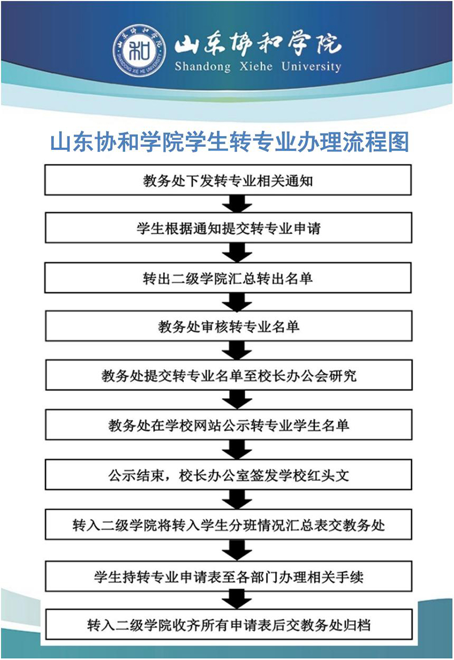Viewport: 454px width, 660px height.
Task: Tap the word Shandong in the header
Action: coord(203,67)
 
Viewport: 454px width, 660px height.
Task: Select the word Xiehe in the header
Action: coord(256,66)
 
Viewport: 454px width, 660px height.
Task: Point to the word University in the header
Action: coord(311,67)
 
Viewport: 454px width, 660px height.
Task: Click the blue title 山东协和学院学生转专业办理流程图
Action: coord(229,142)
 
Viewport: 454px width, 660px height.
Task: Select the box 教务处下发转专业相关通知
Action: coord(228,180)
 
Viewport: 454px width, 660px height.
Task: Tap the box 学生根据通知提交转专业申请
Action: coord(228,228)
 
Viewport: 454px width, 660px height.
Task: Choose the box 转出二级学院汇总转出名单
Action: coord(228,278)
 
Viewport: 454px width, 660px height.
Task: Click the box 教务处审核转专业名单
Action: coord(228,326)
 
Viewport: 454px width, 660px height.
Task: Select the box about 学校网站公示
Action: coord(228,425)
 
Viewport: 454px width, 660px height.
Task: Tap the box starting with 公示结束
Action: coord(228,475)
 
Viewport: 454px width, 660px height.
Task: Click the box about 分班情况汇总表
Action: coord(228,524)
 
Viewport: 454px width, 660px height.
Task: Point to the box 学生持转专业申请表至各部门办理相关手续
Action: coord(228,576)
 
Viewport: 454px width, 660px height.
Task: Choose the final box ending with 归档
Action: coord(228,624)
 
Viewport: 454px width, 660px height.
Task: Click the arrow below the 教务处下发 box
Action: coord(237,204)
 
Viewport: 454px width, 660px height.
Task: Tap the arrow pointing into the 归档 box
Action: coord(237,600)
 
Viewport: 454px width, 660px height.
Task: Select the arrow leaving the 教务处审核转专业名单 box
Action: coord(237,350)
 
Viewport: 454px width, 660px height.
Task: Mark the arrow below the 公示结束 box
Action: coord(237,500)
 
